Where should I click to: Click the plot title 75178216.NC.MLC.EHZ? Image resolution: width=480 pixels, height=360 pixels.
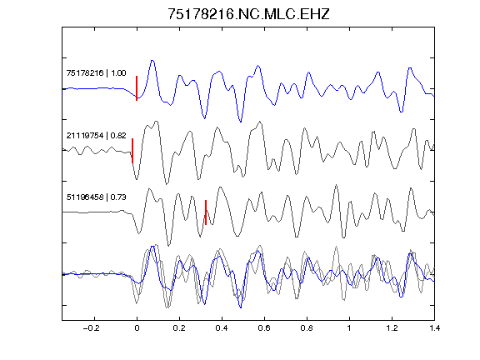[248, 14]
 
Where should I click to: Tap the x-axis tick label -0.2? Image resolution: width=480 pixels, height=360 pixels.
[92, 328]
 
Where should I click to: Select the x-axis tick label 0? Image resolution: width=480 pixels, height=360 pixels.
[137, 328]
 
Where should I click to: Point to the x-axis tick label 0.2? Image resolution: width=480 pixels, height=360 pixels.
[179, 328]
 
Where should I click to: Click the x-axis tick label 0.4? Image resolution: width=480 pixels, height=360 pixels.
[222, 328]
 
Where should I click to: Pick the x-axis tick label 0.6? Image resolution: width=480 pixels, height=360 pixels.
[264, 328]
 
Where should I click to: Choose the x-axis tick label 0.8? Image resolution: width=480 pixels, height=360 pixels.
[307, 328]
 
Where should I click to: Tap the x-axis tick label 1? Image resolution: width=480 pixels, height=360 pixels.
[349, 328]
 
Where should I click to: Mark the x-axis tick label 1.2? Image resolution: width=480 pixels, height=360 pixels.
[392, 328]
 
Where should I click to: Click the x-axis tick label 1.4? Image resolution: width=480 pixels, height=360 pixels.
[434, 328]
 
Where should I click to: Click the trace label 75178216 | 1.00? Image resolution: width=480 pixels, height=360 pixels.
[96, 73]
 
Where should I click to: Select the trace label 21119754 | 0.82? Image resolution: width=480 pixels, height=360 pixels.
[96, 135]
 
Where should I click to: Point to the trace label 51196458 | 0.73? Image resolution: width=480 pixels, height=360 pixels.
[96, 197]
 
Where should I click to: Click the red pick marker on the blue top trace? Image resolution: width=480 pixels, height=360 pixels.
[137, 88]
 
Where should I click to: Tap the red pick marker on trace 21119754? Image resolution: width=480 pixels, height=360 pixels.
[132, 151]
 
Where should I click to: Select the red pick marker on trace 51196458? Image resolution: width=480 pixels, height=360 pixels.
[206, 212]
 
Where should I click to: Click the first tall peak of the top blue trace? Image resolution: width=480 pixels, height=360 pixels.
[152, 61]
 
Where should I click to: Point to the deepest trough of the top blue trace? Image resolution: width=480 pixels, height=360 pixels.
[241, 122]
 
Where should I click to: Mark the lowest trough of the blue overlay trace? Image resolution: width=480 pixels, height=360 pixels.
[241, 307]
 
